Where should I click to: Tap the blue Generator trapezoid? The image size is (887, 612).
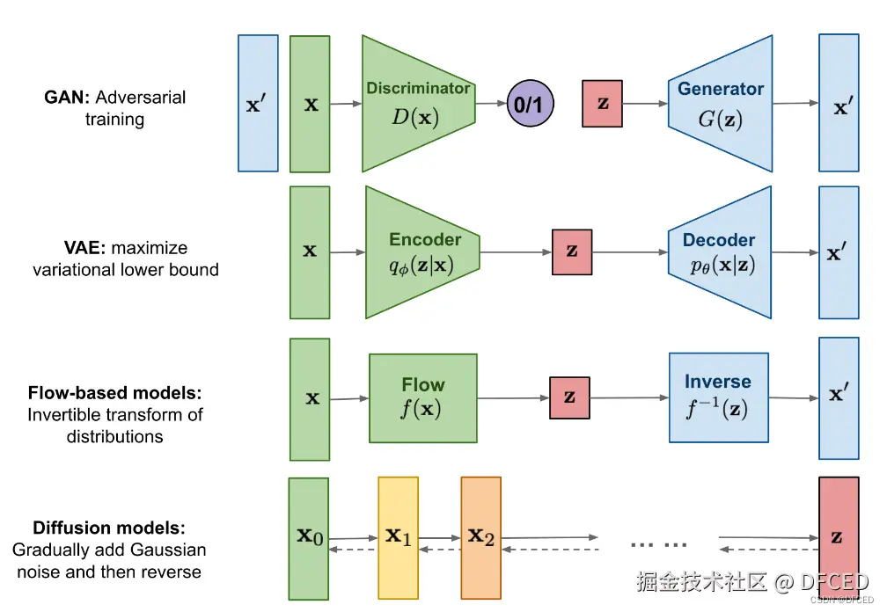pyautogui.click(x=720, y=103)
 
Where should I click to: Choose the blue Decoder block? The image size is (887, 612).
pyautogui.click(x=720, y=251)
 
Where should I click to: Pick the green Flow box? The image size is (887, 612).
pyautogui.click(x=423, y=397)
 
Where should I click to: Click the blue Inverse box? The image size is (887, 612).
pyautogui.click(x=718, y=397)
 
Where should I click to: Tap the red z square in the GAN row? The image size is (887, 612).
pyautogui.click(x=602, y=104)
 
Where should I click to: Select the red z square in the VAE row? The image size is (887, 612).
pyautogui.click(x=572, y=251)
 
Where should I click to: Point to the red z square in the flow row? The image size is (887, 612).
pyautogui.click(x=569, y=397)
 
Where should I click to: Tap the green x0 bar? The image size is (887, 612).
pyautogui.click(x=309, y=537)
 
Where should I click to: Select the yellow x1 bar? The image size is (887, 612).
pyautogui.click(x=398, y=537)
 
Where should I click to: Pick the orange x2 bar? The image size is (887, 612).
pyautogui.click(x=480, y=537)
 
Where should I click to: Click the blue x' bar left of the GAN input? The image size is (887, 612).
pyautogui.click(x=258, y=103)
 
